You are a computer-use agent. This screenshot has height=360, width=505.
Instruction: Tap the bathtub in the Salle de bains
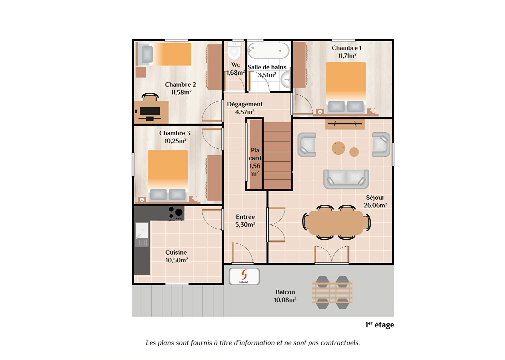[x=269, y=51]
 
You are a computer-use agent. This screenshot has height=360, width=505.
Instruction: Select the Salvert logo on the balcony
[x=244, y=276]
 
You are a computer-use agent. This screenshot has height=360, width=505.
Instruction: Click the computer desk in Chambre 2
[x=151, y=112]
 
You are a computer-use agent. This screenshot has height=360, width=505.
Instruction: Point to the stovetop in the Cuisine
[x=176, y=212]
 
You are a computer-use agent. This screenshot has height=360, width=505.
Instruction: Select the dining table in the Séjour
[x=336, y=222]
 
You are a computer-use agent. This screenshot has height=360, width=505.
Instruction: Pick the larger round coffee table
[x=339, y=148]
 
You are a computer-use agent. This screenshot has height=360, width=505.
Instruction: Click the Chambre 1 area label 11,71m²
[x=347, y=56]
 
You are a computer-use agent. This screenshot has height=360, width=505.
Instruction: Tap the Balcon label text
[x=285, y=292]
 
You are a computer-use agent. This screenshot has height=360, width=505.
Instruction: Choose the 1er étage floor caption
[x=380, y=325]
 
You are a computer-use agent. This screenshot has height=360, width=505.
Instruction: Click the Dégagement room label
[x=245, y=104]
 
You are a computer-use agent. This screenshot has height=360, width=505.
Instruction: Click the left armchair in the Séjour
[x=307, y=145]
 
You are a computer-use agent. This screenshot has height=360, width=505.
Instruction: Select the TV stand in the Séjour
[x=345, y=124]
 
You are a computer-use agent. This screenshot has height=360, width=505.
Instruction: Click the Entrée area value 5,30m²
[x=245, y=225]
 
